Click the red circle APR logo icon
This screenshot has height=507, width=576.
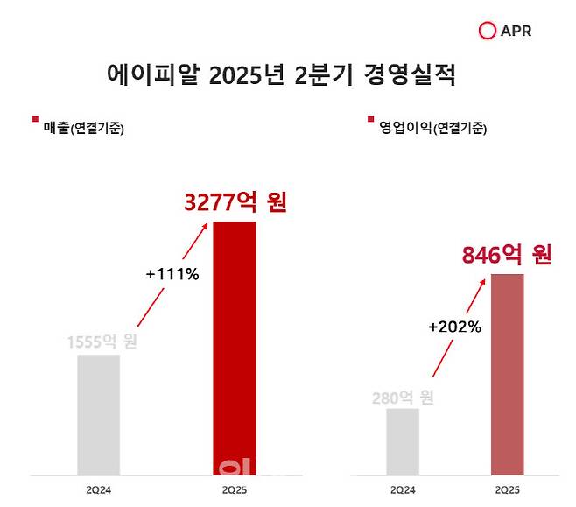point(488,32)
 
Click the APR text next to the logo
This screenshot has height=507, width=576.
point(516,32)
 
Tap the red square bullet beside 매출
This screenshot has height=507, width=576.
point(34,119)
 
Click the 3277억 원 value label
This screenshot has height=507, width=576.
point(235,203)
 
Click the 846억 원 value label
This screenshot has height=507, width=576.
point(507,255)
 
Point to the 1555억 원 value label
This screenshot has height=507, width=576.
point(102,342)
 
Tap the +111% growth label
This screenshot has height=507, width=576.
point(172,274)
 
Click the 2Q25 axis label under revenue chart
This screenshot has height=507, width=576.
point(235,491)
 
